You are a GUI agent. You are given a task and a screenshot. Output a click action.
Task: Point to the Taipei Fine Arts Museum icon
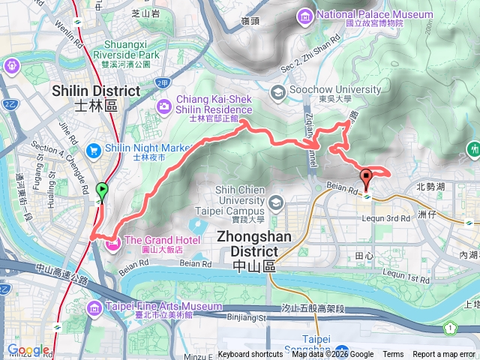(94, 308)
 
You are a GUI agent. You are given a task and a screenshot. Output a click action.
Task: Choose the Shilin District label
(97, 97)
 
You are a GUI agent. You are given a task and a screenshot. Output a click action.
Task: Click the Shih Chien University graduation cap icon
(277, 202)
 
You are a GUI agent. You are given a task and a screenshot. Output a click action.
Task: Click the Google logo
(28, 350)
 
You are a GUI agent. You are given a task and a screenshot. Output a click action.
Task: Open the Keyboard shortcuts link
(250, 355)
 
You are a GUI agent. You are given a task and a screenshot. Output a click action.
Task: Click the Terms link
(393, 355)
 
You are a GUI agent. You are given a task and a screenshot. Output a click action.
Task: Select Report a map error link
(444, 355)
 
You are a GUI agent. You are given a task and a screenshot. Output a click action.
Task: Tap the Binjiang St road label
(247, 318)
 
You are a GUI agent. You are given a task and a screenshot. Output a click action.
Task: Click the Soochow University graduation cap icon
(277, 92)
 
